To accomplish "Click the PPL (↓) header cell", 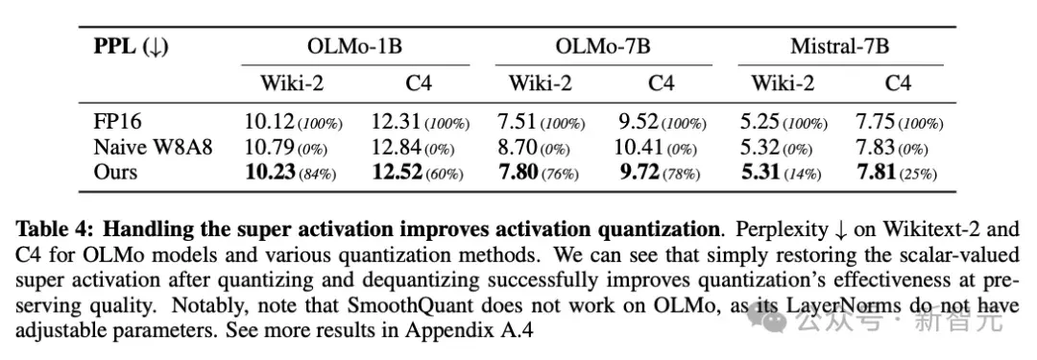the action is pos(131,47).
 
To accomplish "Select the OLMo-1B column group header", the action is pos(354,47).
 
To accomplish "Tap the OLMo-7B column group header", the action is pos(602,47).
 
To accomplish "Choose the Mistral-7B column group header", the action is pos(840,47).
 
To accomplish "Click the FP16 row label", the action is pos(117,122).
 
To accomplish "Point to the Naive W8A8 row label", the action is pos(153,147).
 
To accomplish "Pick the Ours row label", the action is pos(115,172).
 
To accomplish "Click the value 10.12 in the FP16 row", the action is pos(269,122).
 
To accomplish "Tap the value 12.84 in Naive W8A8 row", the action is pos(396,147).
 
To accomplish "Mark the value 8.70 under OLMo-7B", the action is pos(518,147).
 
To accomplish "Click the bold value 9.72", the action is pos(639,172).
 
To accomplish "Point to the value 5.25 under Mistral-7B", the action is pos(760,122).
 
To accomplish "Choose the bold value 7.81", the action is pos(876,172).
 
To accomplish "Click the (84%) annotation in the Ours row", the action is pos(318,174).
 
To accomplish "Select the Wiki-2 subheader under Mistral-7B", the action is pos(783,84).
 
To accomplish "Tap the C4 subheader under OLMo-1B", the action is pos(419,84).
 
